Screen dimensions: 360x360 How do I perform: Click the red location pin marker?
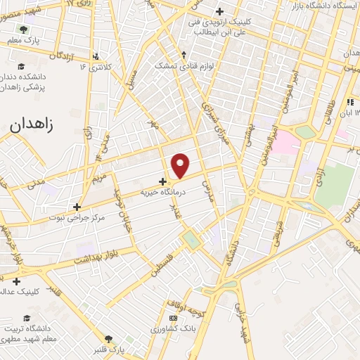point(181,165)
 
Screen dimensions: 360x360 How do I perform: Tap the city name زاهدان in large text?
point(32,125)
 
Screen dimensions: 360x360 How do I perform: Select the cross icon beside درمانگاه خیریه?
point(163,181)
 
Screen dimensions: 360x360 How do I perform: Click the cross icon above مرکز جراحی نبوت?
point(77,207)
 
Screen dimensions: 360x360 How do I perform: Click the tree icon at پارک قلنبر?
point(108,338)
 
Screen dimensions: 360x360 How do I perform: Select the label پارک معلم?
point(23,41)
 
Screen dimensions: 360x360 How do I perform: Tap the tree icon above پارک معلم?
point(23,30)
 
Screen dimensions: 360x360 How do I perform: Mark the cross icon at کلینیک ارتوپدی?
point(220,11)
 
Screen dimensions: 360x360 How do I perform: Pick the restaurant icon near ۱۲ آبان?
point(350,102)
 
